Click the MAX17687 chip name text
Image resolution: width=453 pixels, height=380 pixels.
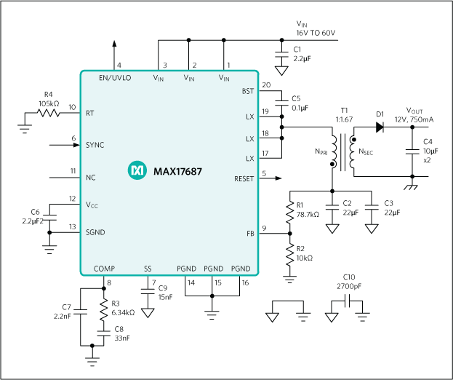(x=177, y=171)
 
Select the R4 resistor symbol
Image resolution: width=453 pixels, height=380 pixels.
(x=49, y=112)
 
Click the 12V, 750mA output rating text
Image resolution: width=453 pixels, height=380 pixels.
(x=415, y=118)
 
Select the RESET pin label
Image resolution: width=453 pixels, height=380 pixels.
(x=244, y=178)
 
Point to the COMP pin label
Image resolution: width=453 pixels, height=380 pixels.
(x=104, y=269)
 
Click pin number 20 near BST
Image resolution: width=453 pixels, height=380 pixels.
(x=265, y=85)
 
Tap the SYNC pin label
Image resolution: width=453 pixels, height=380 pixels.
(x=95, y=145)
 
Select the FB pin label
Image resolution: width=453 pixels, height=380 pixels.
(x=249, y=234)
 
